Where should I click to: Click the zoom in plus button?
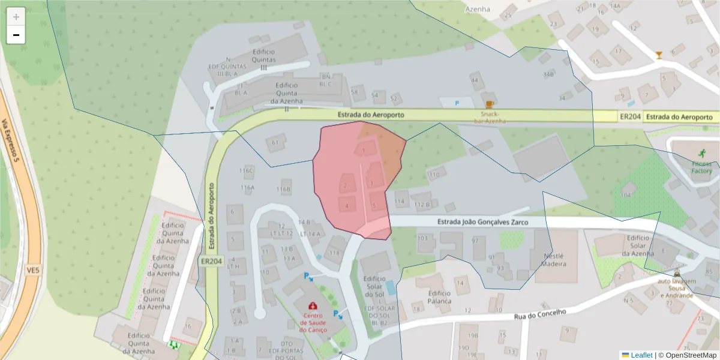coord(16,17)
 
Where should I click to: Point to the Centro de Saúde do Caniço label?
coord(312,323)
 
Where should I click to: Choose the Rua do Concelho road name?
coord(540,314)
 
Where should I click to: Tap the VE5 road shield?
coord(32,271)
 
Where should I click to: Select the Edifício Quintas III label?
coord(263,59)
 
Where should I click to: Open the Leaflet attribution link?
coord(641,355)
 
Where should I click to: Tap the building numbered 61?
coord(275,142)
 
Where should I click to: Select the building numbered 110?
coord(434,175)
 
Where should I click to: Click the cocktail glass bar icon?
coord(659,55)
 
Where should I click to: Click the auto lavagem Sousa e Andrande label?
coord(676,288)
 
